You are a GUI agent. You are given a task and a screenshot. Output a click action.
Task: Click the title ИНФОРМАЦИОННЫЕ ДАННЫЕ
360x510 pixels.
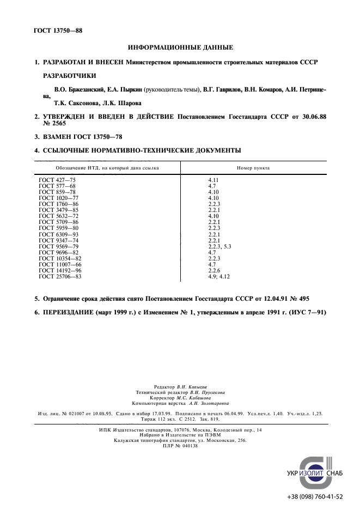[x=180, y=47]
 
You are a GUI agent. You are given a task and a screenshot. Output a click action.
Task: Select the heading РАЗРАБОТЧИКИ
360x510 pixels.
[x=69, y=75]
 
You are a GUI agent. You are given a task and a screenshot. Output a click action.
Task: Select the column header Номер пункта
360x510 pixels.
[x=253, y=168]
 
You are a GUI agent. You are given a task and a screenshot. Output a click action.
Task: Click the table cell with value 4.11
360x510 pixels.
[x=213, y=179]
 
